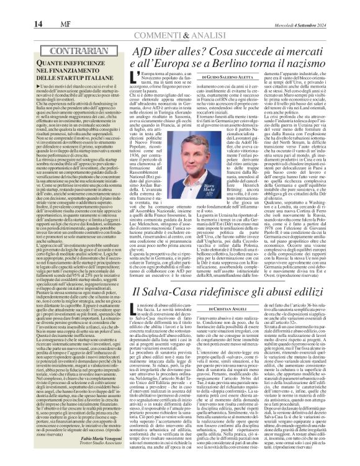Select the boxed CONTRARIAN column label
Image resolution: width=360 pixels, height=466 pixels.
point(44,46)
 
